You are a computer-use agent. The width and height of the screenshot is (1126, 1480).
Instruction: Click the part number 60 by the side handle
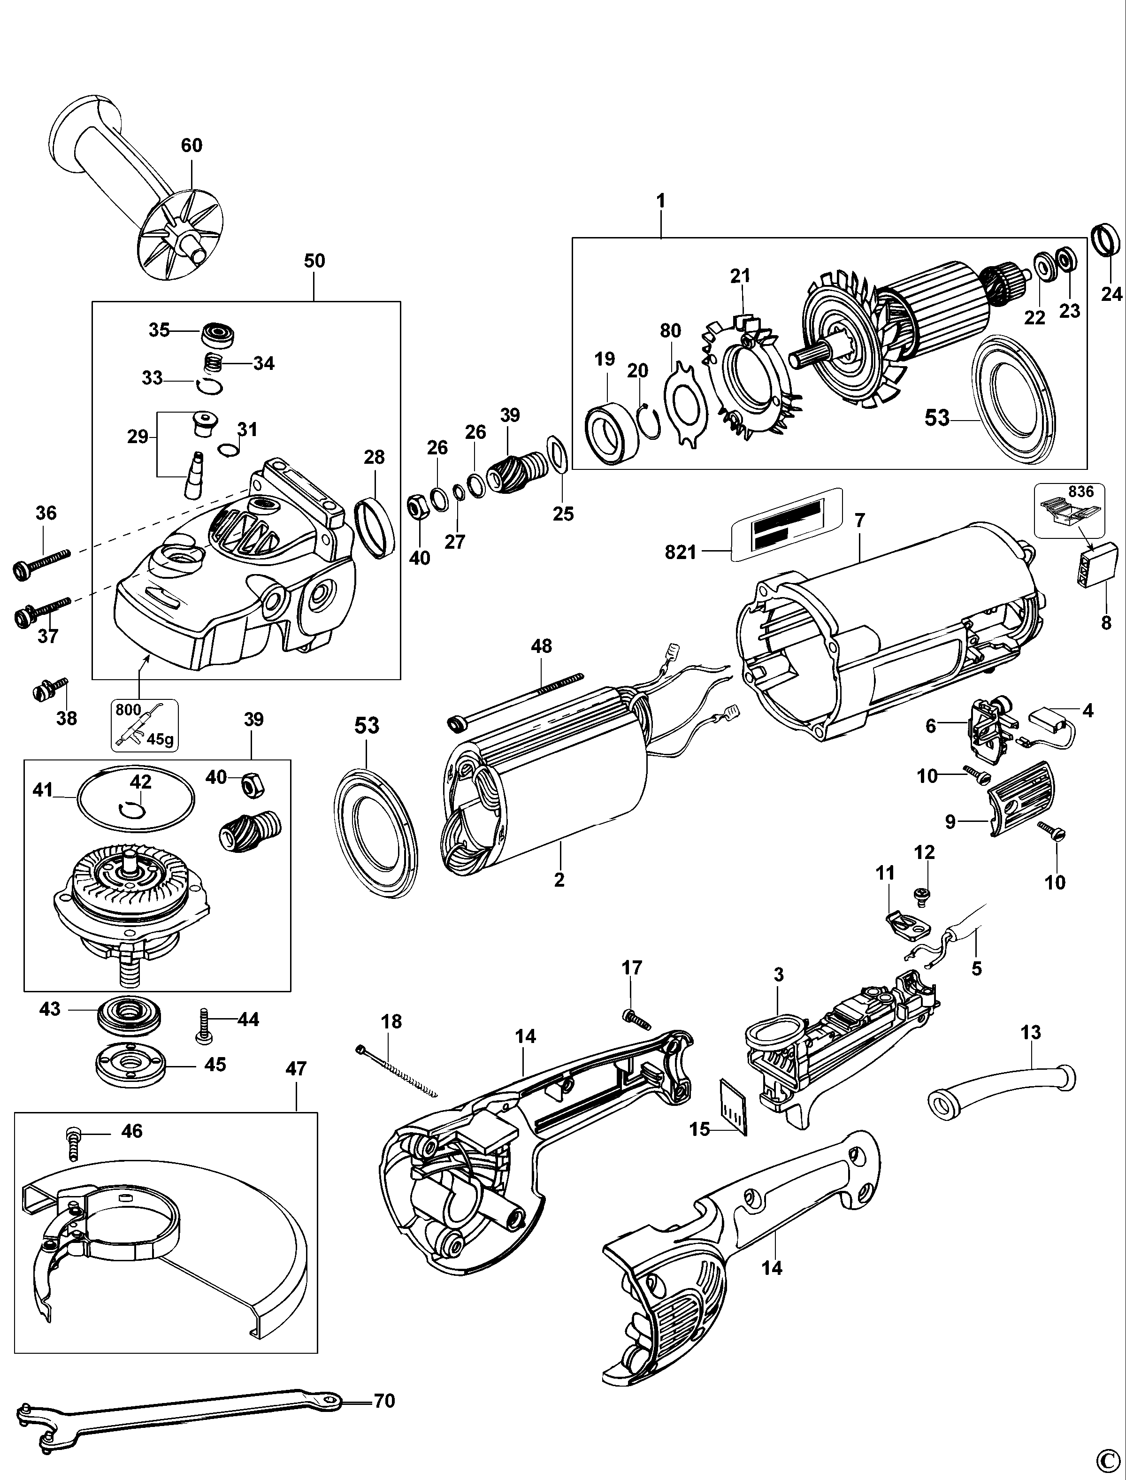click(x=191, y=146)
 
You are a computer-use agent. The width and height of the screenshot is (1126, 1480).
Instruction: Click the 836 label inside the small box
click(x=1081, y=491)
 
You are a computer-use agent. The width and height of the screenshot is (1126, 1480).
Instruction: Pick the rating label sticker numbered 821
click(x=786, y=525)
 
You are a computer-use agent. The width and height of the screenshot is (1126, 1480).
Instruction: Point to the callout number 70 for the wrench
click(x=384, y=1401)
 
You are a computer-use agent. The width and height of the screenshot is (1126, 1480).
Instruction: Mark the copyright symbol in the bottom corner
click(x=1110, y=1466)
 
